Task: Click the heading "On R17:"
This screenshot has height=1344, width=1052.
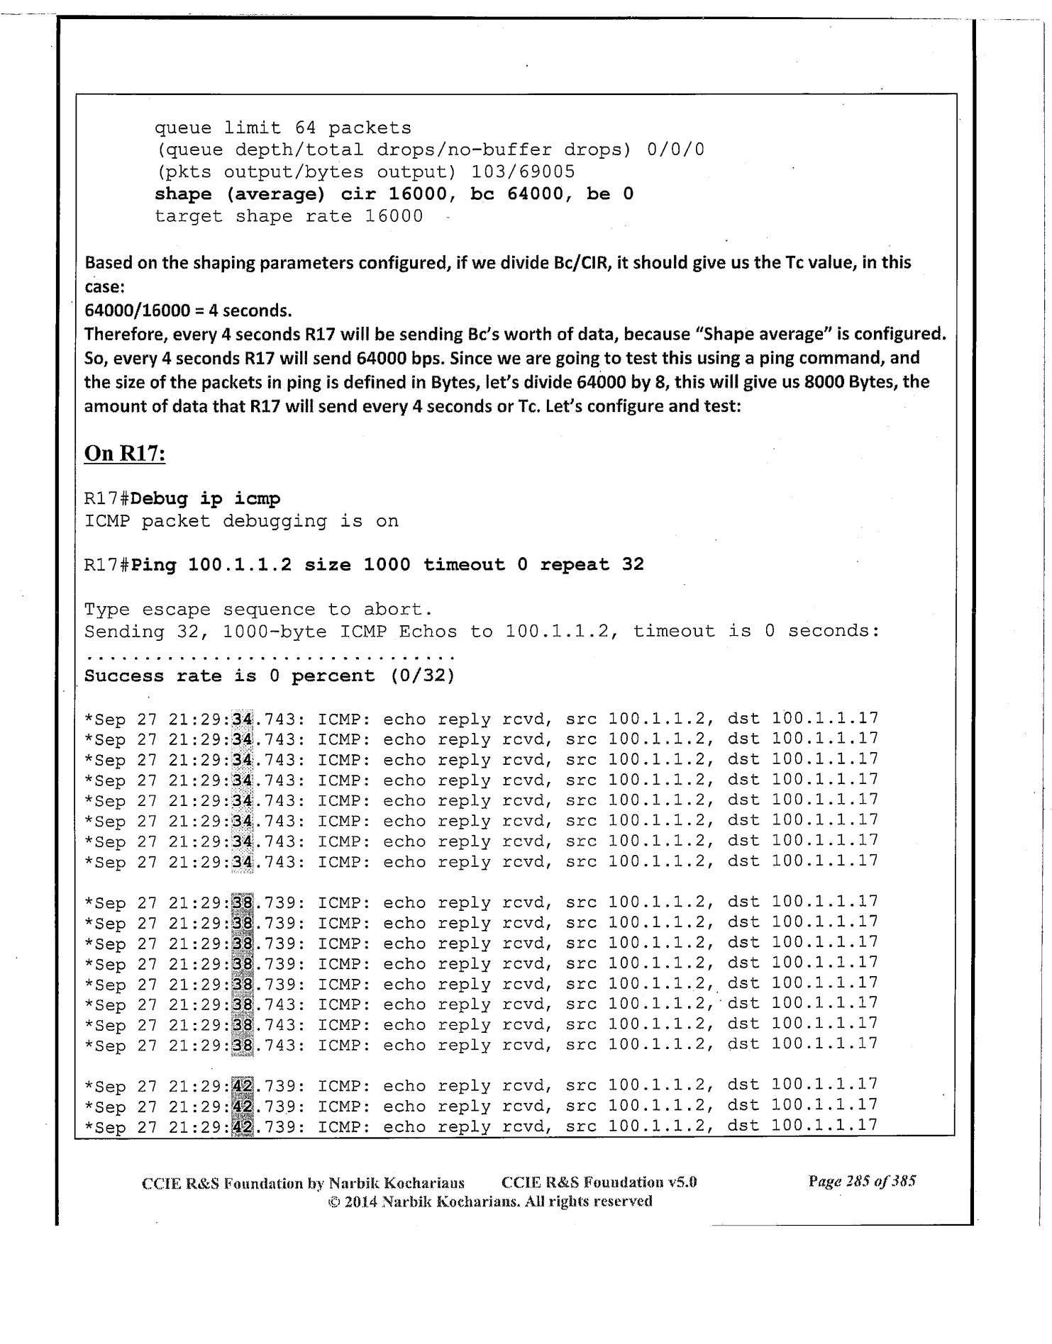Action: tap(125, 453)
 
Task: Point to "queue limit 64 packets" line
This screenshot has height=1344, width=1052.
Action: tap(282, 128)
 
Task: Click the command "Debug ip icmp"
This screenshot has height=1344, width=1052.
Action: tap(206, 499)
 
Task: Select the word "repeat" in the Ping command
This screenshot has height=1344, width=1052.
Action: tap(575, 565)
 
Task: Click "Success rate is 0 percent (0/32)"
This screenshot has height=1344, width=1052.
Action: tap(269, 676)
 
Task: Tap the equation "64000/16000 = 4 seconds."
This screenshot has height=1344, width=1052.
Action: tap(188, 310)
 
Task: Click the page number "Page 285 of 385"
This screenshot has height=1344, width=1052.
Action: tap(862, 1181)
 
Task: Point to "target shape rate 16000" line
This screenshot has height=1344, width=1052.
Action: tap(288, 216)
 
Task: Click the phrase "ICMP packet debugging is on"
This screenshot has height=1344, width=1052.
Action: tap(241, 522)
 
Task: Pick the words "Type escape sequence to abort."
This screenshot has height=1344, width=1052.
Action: tap(258, 610)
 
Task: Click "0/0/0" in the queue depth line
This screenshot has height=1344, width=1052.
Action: tap(675, 150)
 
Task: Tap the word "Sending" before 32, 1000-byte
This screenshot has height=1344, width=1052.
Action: tap(124, 632)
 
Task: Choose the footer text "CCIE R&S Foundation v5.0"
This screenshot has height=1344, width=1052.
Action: tap(599, 1182)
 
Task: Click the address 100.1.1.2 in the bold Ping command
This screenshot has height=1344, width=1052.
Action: tap(240, 565)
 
